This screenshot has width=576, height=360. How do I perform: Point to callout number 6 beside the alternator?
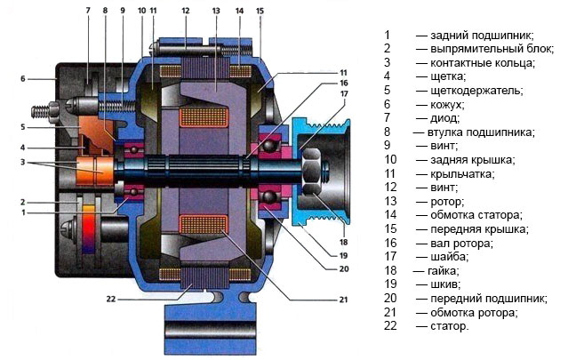click(23, 79)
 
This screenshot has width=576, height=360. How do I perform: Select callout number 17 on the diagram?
click(343, 92)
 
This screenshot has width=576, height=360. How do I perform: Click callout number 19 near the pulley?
click(343, 255)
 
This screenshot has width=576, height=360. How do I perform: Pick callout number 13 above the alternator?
click(215, 11)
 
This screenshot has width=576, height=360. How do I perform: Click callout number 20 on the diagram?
click(343, 268)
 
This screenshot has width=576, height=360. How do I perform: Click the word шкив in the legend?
click(445, 284)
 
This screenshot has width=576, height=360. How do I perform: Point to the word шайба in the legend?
click(448, 256)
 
